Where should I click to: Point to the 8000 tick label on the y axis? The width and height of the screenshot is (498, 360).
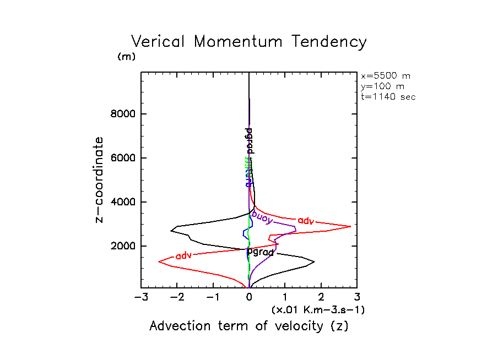coord(121,114)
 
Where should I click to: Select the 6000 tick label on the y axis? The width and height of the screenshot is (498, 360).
coord(121,159)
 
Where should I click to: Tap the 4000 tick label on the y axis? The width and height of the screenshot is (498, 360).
coord(121,203)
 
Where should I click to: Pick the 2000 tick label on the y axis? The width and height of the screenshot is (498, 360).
coord(121,246)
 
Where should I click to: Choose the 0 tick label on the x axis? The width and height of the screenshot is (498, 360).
coord(250,298)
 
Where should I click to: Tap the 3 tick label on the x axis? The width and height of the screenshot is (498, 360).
coord(357,298)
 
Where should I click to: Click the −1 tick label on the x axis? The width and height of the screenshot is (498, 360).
coord(213,298)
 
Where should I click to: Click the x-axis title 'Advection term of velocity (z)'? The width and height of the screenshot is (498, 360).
coord(249,326)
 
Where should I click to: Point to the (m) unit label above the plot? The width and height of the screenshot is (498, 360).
coord(126,57)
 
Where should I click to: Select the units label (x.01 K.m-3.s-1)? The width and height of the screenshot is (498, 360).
coord(318,310)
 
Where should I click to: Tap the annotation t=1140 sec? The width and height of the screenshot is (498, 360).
coord(388,96)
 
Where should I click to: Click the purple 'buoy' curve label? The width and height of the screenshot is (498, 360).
coord(263,216)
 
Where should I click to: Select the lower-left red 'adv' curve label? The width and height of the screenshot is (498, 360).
coord(183,255)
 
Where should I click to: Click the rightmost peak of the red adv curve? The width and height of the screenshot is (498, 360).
coord(351,226)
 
